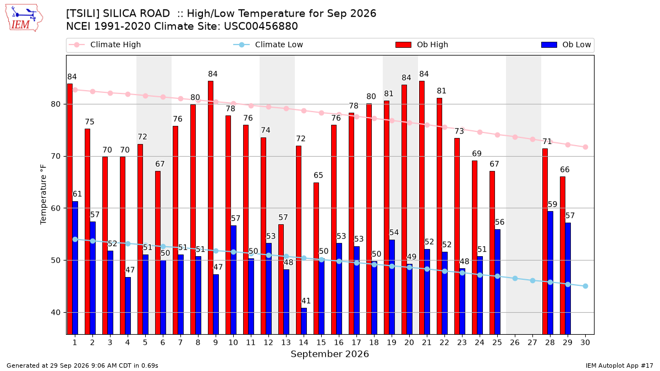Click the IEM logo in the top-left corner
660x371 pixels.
point(24,18)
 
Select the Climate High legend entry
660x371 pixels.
point(105,45)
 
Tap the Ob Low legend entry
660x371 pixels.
point(566,45)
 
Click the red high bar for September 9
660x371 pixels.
point(211,208)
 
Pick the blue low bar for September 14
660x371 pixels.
point(304,321)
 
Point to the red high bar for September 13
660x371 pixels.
point(281,279)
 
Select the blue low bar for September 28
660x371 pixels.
point(550,273)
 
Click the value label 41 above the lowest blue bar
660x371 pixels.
point(306,301)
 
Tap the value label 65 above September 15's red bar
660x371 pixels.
point(318,175)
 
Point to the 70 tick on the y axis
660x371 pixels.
point(56,156)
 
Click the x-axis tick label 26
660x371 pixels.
point(514,342)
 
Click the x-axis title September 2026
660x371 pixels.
point(329,354)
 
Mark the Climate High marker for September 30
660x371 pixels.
point(585,147)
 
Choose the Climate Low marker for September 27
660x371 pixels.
point(532,281)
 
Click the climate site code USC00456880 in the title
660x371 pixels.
point(261,26)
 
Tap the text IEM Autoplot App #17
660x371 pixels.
point(619,366)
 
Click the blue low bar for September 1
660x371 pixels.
point(75,268)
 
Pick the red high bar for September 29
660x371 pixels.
point(563,255)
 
